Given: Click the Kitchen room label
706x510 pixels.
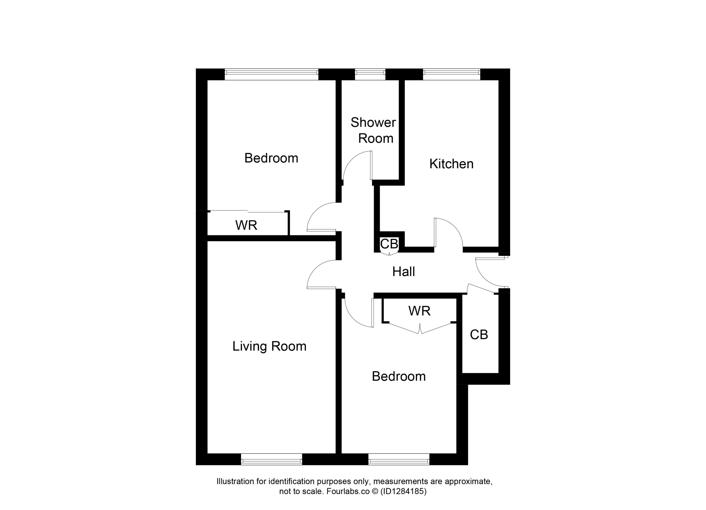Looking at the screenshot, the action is coord(451,164).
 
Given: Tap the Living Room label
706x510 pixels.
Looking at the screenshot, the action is coord(269,346).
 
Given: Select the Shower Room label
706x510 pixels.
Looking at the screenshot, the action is coord(373,130).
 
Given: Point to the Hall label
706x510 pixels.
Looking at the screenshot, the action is coord(403,272).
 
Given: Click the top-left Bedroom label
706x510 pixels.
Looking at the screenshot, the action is coord(271,158).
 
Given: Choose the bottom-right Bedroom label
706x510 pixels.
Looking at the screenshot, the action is coord(399,377).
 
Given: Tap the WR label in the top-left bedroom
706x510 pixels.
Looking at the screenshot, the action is coord(246,225).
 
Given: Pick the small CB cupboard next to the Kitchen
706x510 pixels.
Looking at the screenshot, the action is coord(389,244).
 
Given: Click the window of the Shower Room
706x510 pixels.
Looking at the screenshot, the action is coord(370,73).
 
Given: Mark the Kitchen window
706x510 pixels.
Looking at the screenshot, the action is coord(452,73).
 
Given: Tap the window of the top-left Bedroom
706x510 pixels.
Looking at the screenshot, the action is coord(271,73).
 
